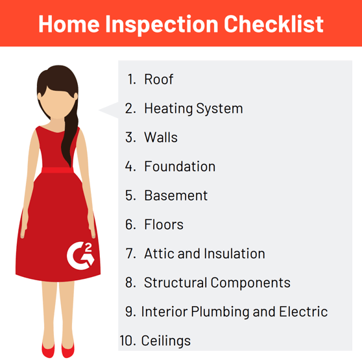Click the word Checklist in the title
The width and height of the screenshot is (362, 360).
coord(274,24)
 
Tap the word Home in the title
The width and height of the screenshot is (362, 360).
coord(69,24)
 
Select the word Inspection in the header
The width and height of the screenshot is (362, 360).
coord(162,25)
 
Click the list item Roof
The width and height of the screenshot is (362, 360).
coord(158,79)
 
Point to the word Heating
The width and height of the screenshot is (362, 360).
coord(168,108)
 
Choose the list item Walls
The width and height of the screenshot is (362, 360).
coord(161,138)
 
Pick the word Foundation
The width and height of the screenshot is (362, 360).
coord(180,167)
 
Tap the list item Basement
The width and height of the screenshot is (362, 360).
coord(176,195)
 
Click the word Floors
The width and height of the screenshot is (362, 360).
coord(163,224)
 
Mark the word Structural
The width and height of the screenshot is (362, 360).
coord(175,282)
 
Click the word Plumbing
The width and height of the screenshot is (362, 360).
coord(220,312)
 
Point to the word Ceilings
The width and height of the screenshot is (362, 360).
coord(166,341)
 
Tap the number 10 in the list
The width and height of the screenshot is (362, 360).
coord(127,341)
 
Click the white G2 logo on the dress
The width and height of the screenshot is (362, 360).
coord(80,256)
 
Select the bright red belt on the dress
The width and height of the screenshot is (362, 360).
coord(58,171)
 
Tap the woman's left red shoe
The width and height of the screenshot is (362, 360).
coord(68,350)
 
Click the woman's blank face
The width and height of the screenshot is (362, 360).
coord(58,102)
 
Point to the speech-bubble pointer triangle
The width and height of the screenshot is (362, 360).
coord(108,110)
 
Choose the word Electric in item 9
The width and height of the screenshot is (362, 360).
coord(304,311)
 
